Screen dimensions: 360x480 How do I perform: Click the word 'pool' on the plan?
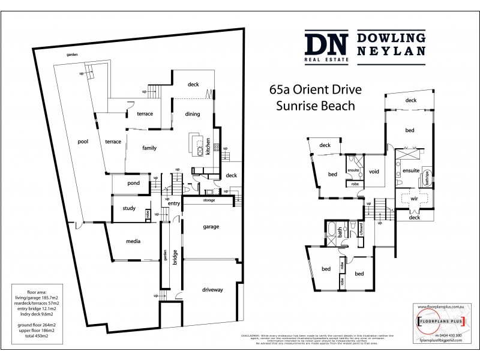coord(83,142)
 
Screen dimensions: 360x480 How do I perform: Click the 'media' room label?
coord(133,241)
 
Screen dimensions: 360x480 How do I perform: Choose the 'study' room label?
coord(129,209)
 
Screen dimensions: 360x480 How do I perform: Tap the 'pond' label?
coord(134,183)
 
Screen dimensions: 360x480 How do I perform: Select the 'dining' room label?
coord(192,113)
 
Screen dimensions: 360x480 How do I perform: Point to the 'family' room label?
coord(149,147)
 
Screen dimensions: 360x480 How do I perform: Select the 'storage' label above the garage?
coord(209,200)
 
